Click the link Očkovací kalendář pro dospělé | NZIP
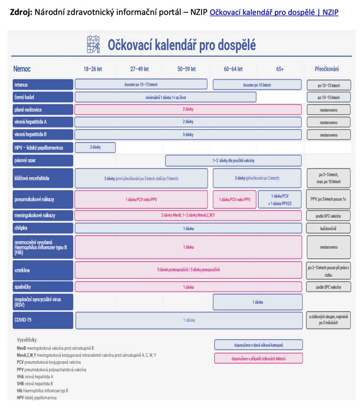tap(274, 12)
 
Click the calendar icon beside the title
tap(93, 45)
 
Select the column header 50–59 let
tap(187, 69)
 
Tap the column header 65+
tap(280, 69)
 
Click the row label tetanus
tap(42, 85)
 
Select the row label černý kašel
tap(42, 97)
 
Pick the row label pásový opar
tap(42, 160)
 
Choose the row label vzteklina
tap(42, 270)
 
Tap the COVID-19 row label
tap(42, 320)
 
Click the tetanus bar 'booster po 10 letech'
tap(257, 85)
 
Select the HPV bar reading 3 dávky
tap(95, 148)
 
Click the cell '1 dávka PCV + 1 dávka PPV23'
tap(280, 200)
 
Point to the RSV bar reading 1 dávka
tap(257, 302)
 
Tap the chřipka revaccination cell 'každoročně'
tap(329, 228)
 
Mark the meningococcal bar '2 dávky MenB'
tap(188, 215)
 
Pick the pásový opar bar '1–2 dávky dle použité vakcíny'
tap(233, 160)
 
